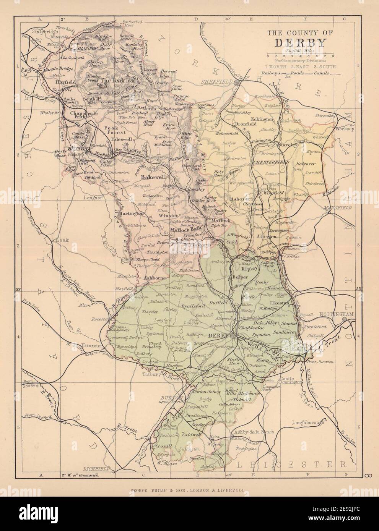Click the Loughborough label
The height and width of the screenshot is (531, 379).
point(308,423)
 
